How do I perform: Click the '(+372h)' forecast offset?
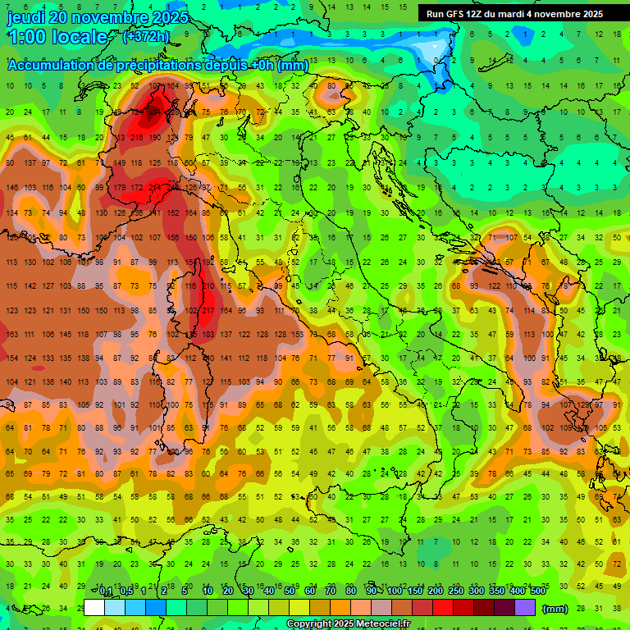pos(145,37)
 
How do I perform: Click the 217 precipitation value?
pos(208,310)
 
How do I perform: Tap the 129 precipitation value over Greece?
pos(585,404)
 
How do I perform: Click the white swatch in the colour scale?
pos(94,607)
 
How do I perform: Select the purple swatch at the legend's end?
pos(525,607)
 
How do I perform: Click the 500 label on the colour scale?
pos(537,591)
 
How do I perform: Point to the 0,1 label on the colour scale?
pos(106,591)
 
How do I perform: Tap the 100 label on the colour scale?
pos(395,591)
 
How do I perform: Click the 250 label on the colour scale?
pos(455,591)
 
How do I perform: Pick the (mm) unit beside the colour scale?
pos(555,608)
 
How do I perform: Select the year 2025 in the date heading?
pos(170,17)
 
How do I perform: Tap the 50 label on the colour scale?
pos(290,591)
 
